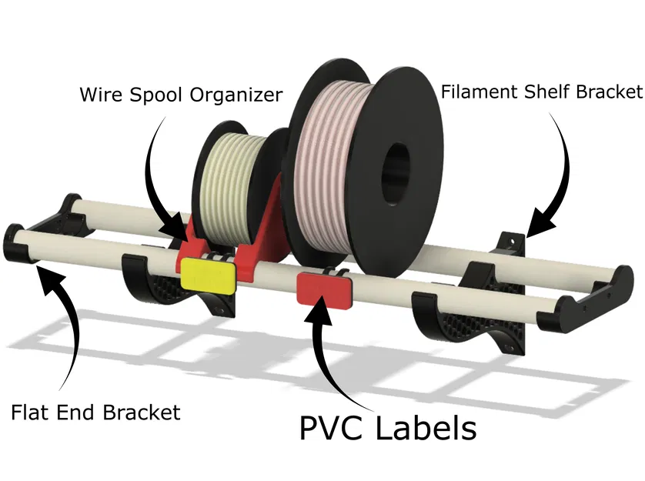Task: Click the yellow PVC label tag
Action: pos(207,275)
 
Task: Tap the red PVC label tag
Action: pos(323,287)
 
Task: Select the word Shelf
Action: pos(547,92)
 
